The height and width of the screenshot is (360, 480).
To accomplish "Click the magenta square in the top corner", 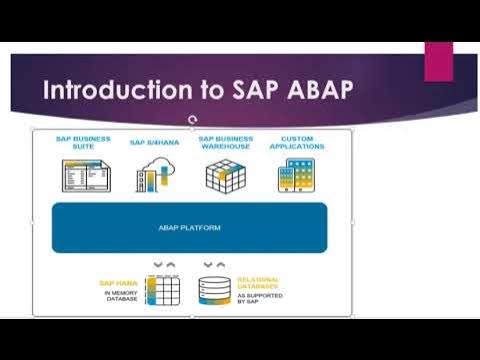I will [x=439, y=61].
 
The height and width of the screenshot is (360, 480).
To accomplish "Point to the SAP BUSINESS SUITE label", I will [x=83, y=142].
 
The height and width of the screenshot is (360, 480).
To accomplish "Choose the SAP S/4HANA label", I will [x=152, y=142].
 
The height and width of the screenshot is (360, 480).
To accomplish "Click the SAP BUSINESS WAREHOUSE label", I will [x=225, y=142].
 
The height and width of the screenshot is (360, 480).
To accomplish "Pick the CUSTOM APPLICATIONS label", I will [x=297, y=142].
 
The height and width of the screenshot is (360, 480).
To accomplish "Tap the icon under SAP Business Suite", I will [x=85, y=176].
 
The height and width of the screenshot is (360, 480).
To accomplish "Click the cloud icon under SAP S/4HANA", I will [x=155, y=176].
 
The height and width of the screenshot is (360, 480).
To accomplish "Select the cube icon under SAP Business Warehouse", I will [x=225, y=175].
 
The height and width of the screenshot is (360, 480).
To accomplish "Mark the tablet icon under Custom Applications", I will [x=296, y=176].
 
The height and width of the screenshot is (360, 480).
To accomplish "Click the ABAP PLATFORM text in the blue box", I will [x=189, y=227].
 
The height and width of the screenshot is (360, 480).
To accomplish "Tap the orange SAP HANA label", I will [x=118, y=283].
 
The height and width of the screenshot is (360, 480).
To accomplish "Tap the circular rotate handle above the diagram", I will [x=191, y=120].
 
